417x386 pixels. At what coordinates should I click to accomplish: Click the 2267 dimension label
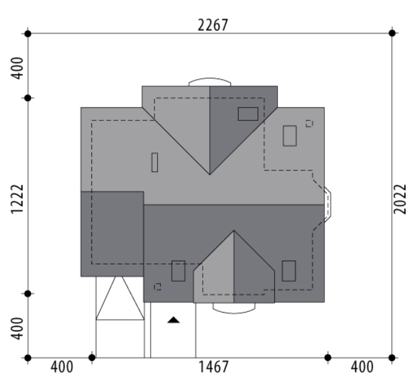coord(213,25)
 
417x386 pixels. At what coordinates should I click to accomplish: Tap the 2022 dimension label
coord(400,199)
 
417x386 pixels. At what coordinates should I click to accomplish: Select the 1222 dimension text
coord(17,199)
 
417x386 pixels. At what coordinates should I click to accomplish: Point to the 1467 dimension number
coord(213,367)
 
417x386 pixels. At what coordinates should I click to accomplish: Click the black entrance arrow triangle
coord(173,320)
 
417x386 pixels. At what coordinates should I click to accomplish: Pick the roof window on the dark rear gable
coord(248,114)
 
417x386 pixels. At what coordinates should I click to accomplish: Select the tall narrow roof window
coord(154,162)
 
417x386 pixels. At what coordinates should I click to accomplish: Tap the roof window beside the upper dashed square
coord(290,136)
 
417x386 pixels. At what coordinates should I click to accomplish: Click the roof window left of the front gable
coord(178,271)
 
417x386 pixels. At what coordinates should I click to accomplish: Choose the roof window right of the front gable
coord(289,271)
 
